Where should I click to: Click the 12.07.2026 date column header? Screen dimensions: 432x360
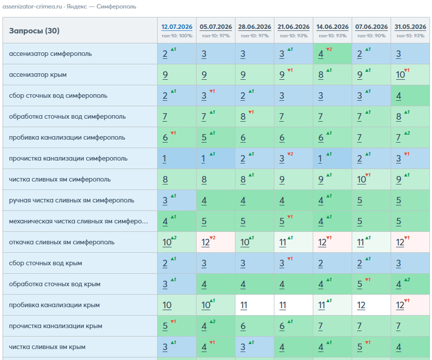[177, 27]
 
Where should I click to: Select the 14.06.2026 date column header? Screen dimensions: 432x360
[332, 27]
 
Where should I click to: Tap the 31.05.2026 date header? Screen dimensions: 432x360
[410, 27]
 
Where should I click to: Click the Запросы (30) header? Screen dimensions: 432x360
[34, 30]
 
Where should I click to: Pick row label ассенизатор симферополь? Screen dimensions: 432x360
[50, 54]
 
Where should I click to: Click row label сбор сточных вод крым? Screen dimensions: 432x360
[45, 263]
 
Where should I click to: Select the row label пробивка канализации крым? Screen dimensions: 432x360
[54, 305]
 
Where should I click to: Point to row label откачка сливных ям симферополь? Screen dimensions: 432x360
[62, 242]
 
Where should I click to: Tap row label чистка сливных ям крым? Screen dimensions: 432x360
[47, 347]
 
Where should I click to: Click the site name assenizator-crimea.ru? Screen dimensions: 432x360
[32, 6]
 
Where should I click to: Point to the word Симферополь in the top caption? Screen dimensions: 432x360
[116, 6]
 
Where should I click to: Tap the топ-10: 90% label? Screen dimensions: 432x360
[371, 36]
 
